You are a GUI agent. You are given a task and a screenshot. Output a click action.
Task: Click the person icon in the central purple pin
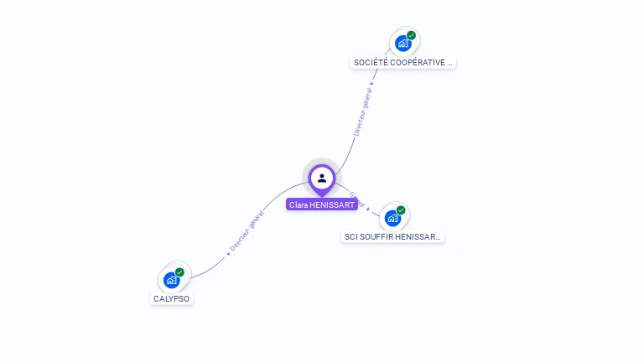click(322, 178)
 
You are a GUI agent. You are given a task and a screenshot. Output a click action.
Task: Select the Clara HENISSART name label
click(322, 204)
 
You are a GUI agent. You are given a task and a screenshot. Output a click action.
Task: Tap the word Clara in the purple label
click(298, 204)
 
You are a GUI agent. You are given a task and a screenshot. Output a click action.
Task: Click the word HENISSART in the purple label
click(331, 204)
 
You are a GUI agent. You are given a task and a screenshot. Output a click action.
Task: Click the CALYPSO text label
click(172, 299)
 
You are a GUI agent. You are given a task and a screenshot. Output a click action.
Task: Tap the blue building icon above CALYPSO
click(171, 280)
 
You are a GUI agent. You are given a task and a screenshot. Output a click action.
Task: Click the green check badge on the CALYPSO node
click(179, 272)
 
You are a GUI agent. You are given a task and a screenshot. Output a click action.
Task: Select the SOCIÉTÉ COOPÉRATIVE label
click(403, 63)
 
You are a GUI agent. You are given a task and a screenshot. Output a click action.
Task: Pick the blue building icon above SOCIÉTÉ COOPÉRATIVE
click(402, 44)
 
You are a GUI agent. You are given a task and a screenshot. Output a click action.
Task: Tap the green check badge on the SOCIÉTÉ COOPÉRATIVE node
click(411, 36)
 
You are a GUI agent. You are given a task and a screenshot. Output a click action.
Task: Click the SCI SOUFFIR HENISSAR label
click(392, 237)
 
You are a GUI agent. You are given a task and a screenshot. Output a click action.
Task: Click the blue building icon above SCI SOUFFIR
click(392, 218)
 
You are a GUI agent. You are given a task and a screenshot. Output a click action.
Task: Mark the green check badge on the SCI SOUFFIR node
click(401, 210)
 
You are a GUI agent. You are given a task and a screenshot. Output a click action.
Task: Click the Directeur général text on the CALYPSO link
click(248, 230)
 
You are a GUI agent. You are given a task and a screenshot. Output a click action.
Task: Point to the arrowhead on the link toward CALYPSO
click(230, 251)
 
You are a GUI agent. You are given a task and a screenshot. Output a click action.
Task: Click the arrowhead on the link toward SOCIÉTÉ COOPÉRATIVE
click(371, 84)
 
